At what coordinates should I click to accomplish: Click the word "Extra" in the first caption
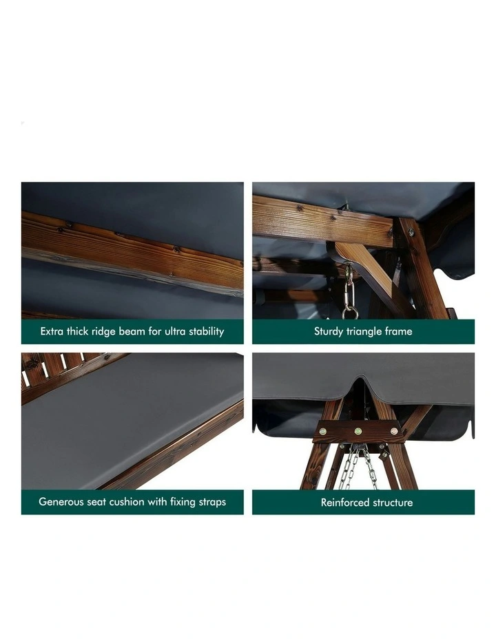(x=52, y=331)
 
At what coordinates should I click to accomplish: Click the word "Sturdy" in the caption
(x=329, y=332)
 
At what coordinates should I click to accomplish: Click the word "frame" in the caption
(x=398, y=331)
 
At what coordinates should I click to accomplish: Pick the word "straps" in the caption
(x=212, y=502)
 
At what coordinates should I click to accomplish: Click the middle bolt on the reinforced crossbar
(x=358, y=431)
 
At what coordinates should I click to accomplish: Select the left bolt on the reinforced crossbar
(x=323, y=432)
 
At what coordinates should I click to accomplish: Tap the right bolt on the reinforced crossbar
(x=394, y=431)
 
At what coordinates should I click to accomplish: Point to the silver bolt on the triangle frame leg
(x=411, y=233)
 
